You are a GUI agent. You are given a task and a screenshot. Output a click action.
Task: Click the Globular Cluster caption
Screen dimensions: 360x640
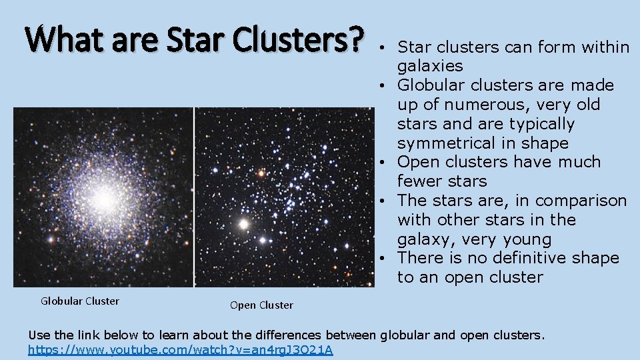click(x=80, y=301)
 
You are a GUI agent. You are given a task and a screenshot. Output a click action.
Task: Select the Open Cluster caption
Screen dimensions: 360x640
click(x=261, y=305)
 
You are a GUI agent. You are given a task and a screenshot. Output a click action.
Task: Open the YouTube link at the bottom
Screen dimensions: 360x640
click(x=181, y=350)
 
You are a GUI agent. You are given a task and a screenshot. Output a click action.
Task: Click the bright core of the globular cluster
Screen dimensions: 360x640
click(x=105, y=198)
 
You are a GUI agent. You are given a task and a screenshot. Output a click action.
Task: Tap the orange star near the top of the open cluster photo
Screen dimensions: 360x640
click(x=261, y=173)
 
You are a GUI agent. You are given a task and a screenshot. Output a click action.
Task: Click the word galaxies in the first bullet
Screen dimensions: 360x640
click(x=429, y=66)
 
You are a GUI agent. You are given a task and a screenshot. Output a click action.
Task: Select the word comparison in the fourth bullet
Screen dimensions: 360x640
click(x=581, y=201)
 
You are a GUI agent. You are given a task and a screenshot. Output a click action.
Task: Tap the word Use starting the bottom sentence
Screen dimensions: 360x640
click(x=39, y=335)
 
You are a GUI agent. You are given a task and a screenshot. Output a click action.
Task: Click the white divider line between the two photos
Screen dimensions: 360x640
click(x=194, y=197)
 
